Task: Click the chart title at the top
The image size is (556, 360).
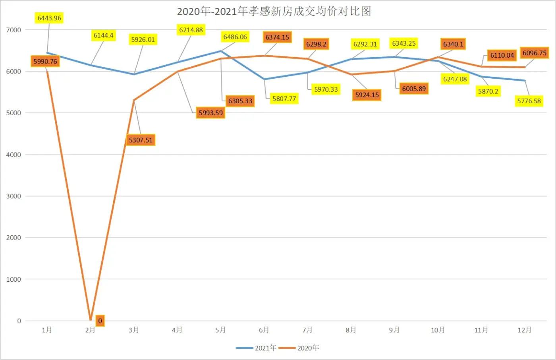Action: [274, 11]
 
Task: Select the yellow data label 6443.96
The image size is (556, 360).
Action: [49, 18]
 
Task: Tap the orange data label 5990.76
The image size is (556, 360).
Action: [45, 61]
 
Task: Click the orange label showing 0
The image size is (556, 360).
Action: [100, 321]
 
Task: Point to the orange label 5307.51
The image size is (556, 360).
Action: [141, 140]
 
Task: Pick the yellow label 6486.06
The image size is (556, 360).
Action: [235, 37]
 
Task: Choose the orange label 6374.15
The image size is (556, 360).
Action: [277, 37]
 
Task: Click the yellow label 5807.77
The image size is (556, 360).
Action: [284, 99]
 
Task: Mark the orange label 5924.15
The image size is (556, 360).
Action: [367, 95]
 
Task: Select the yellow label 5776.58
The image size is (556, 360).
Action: [529, 101]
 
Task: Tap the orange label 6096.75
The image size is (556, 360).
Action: [534, 53]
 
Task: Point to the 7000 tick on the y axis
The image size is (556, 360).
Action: [14, 30]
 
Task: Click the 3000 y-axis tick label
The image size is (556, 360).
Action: [14, 196]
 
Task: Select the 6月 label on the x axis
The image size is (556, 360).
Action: [264, 330]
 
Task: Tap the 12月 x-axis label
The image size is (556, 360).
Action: [524, 330]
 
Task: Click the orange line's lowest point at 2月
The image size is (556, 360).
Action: [91, 320]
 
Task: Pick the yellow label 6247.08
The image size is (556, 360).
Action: [455, 79]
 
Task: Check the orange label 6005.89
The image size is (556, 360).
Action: [414, 89]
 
